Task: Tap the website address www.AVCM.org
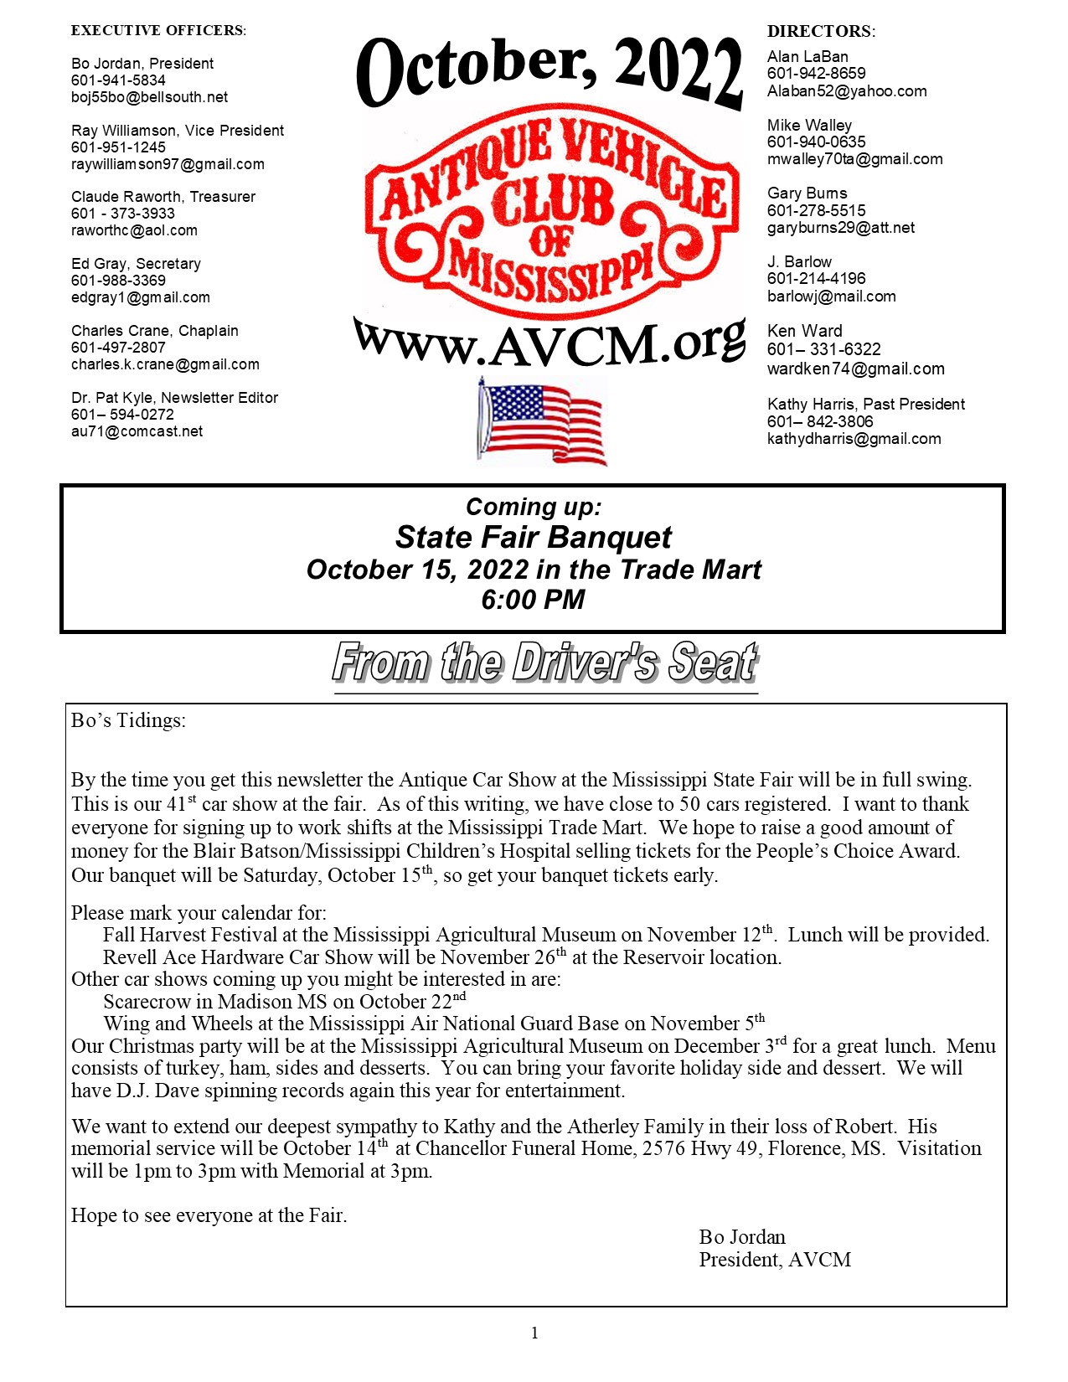click(x=549, y=343)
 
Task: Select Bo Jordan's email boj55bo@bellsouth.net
click(x=149, y=97)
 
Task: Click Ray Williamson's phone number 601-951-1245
click(x=118, y=147)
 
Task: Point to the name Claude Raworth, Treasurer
click(x=163, y=197)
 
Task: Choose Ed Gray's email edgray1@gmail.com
click(x=141, y=297)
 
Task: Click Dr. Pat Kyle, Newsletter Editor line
click(x=174, y=398)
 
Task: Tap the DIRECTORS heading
click(x=821, y=32)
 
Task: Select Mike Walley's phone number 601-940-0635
click(x=817, y=142)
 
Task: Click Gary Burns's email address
click(x=841, y=228)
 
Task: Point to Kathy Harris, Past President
click(x=866, y=405)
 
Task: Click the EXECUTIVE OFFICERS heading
click(x=158, y=31)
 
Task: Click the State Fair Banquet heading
click(x=534, y=538)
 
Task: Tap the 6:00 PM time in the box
click(x=533, y=600)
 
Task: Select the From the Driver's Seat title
click(x=545, y=663)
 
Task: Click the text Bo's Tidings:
click(x=128, y=720)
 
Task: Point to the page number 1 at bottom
click(x=534, y=1333)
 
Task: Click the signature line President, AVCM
click(x=775, y=1260)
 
